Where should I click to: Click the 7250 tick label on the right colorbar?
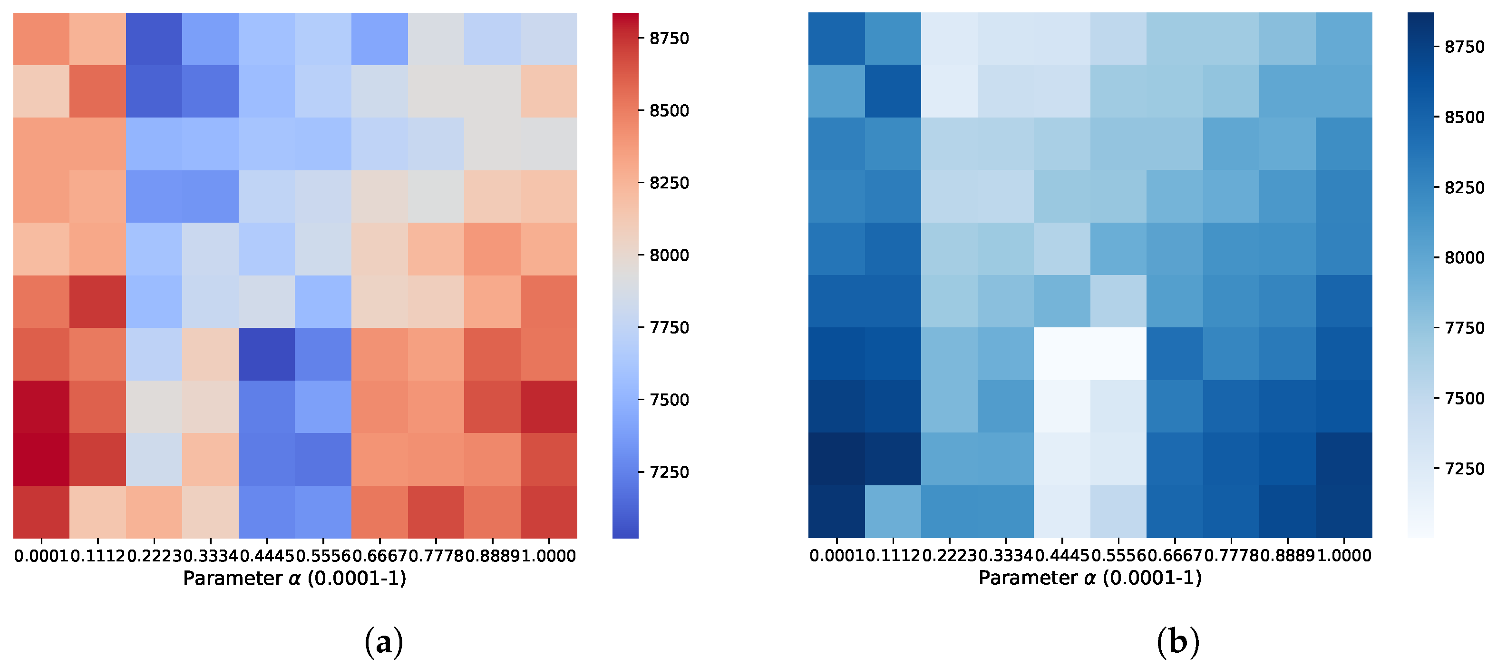pos(1464,469)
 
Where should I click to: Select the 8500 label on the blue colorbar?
pos(1464,117)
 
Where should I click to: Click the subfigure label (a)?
pos(384,642)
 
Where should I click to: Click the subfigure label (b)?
pos(1178,642)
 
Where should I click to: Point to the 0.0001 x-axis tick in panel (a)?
pos(41,556)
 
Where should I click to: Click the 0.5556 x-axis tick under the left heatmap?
pos(323,556)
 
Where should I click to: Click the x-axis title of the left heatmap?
pos(295,578)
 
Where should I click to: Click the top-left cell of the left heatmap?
pos(41,39)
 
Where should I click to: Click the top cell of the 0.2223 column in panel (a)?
pos(154,39)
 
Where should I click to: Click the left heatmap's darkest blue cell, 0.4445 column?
pos(267,354)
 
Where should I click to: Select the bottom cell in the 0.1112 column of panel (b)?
pos(893,511)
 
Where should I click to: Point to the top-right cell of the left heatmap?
pos(549,39)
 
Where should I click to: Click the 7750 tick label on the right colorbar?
pos(1464,328)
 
